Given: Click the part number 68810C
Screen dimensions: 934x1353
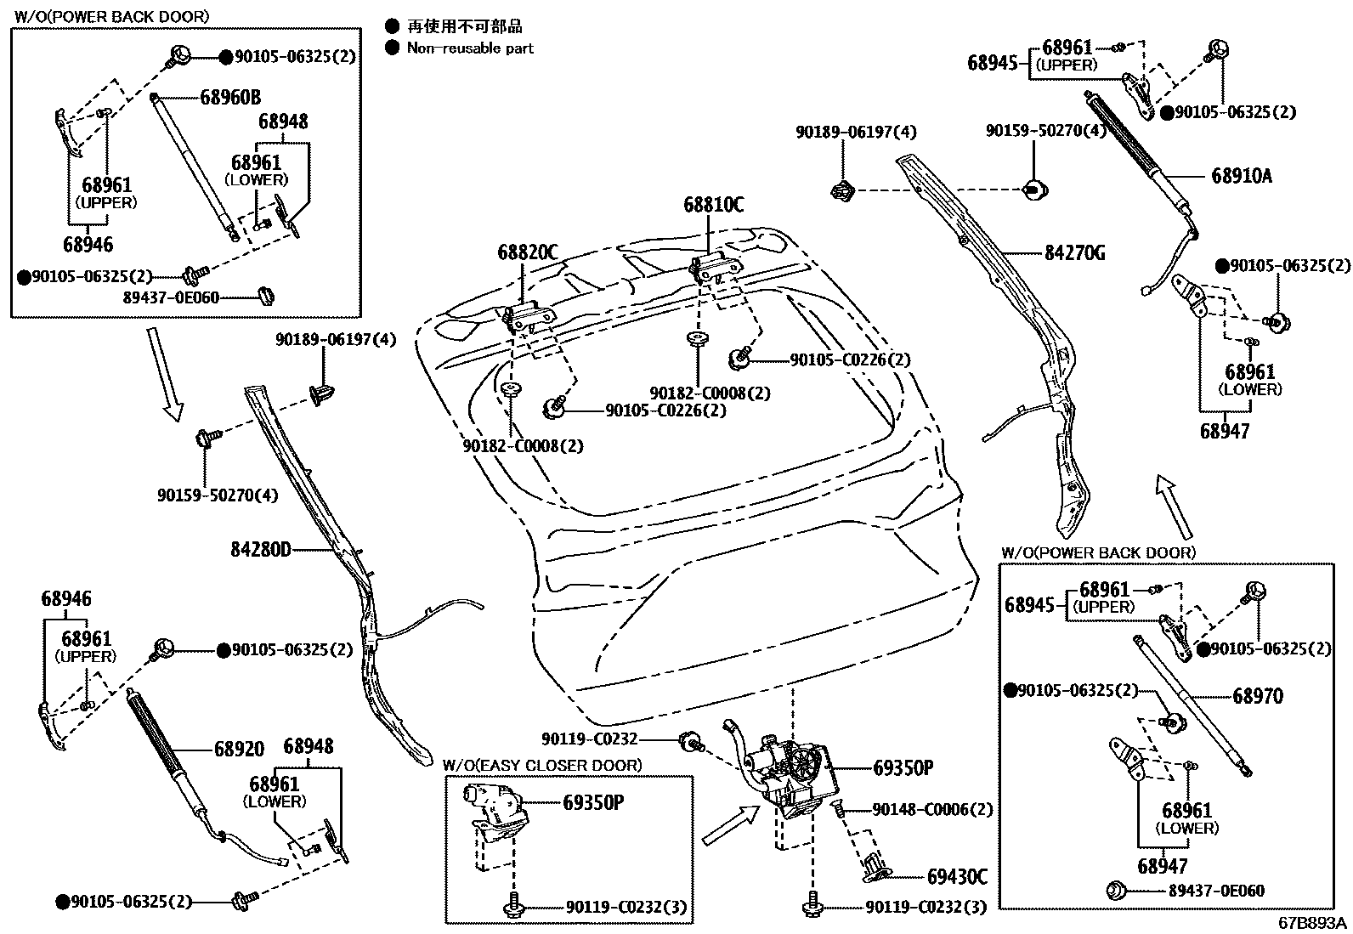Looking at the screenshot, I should pos(713,205).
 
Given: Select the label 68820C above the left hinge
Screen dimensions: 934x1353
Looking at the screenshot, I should pos(528,252).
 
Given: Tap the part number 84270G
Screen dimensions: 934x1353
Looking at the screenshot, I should pos(1073,252).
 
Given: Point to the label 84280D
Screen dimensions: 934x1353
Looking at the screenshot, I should pos(260,549).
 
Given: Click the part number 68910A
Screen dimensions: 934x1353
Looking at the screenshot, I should pos(1241,176).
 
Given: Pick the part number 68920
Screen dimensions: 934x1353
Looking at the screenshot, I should pos(239,749).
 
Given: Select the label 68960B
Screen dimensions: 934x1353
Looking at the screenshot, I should pos(230,97).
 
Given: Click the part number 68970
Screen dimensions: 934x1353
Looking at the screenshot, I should pos(1258,696).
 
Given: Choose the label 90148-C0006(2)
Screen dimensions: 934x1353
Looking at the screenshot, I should pos(932,810).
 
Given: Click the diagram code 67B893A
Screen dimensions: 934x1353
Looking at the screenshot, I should pos(1312,923).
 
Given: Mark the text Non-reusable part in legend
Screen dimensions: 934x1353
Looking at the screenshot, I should pos(470,48).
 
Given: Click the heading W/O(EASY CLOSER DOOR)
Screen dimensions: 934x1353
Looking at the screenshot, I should pos(542,765).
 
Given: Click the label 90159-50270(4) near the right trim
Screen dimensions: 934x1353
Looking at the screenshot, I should pos(1045,131).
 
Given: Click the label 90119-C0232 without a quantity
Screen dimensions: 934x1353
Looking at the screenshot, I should pos(590,739).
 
